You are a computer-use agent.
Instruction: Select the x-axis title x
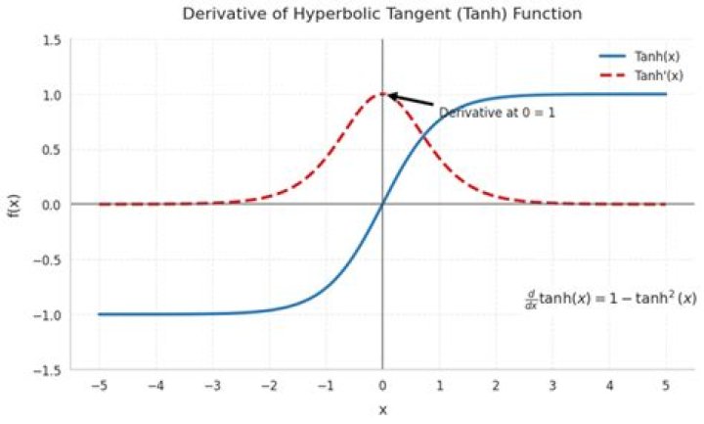tap(382, 409)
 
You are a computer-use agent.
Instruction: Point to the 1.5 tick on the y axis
tap(51, 40)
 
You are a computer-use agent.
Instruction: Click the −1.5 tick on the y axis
tap(48, 370)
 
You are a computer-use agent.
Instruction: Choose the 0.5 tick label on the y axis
tap(51, 150)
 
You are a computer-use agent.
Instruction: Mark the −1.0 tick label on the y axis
tap(48, 315)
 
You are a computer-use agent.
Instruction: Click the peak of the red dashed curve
tap(382, 94)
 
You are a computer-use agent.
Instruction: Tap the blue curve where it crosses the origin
tap(382, 204)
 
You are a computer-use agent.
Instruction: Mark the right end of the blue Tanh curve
tap(666, 94)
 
